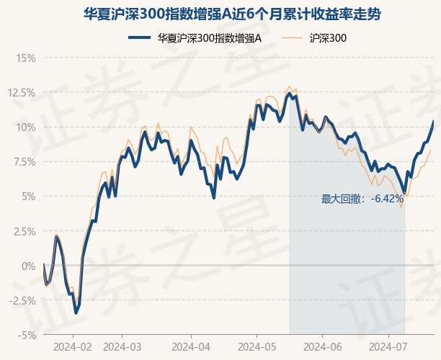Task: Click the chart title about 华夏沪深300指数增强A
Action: tap(220, 14)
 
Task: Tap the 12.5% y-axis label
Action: tap(22, 92)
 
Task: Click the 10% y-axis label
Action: tap(26, 127)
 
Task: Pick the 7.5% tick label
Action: tap(24, 161)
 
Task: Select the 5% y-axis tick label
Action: tap(28, 196)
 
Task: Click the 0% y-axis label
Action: tap(28, 266)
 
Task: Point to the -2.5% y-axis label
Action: tap(22, 300)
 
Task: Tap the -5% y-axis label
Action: tap(27, 335)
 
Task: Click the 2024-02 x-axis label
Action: tap(73, 346)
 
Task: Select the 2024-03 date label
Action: tap(123, 346)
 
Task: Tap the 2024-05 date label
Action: tap(256, 346)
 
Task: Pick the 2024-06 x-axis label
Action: tap(322, 346)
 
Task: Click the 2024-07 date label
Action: tap(388, 346)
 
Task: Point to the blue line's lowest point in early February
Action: tap(76, 313)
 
